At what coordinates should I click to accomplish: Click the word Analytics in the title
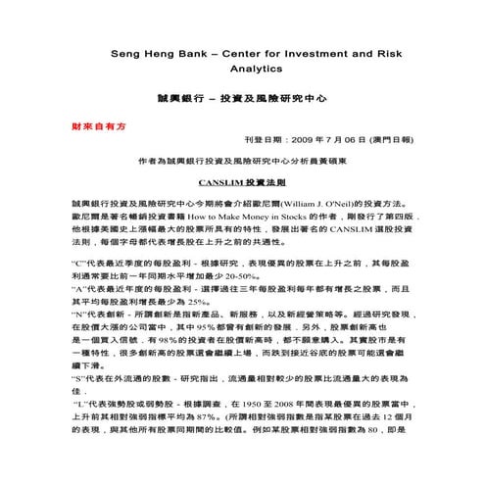point(242,70)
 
